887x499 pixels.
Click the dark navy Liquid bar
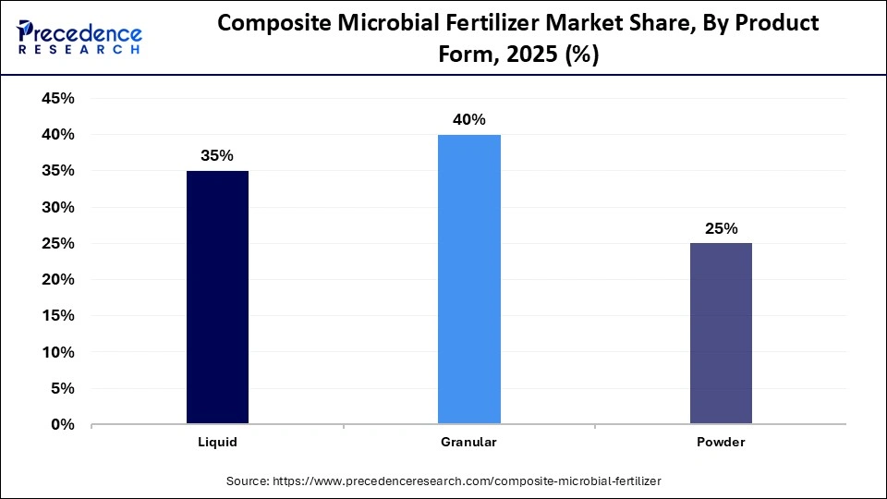pos(217,298)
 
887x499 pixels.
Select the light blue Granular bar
pos(469,279)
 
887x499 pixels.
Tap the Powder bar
pos(721,334)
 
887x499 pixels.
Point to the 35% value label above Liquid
pos(217,156)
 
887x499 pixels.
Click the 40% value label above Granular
pos(469,120)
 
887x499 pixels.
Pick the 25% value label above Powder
pos(721,229)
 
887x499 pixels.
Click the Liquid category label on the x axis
pos(217,443)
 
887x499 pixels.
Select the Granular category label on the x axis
pos(469,443)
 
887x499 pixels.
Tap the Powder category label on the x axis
pos(721,443)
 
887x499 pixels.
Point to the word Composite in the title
pos(269,24)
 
